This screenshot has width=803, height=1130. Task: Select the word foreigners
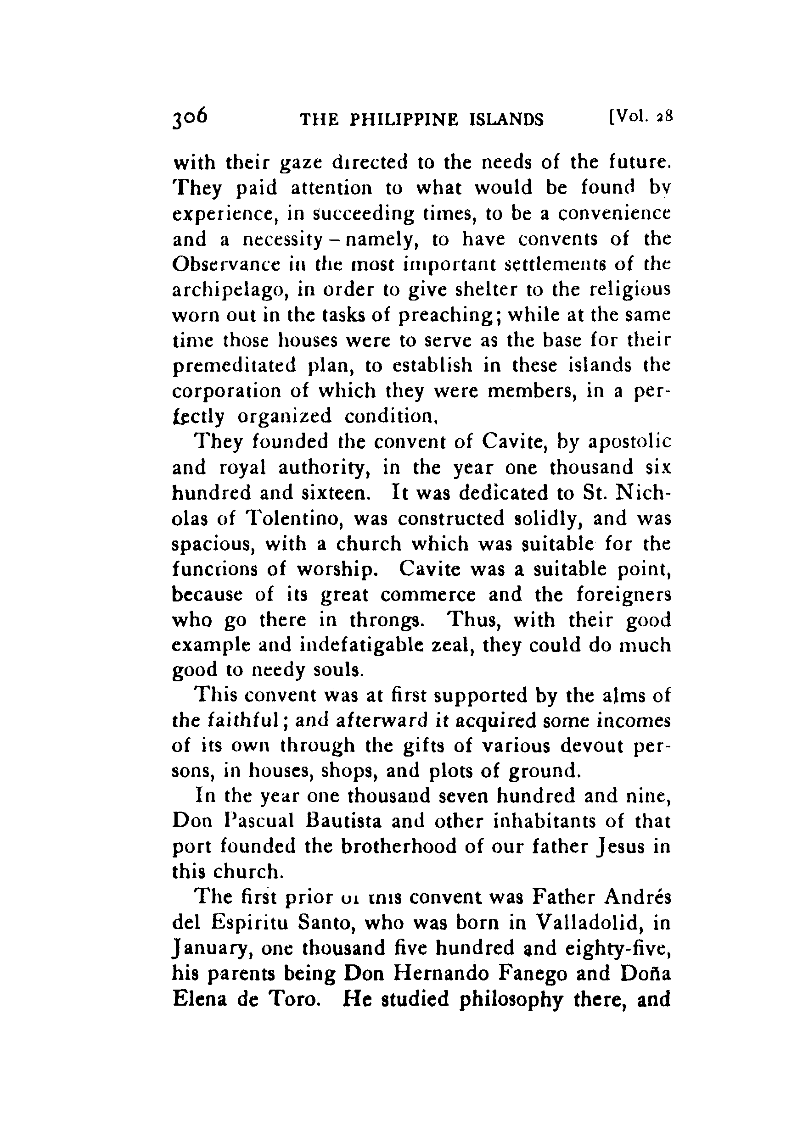click(x=623, y=594)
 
